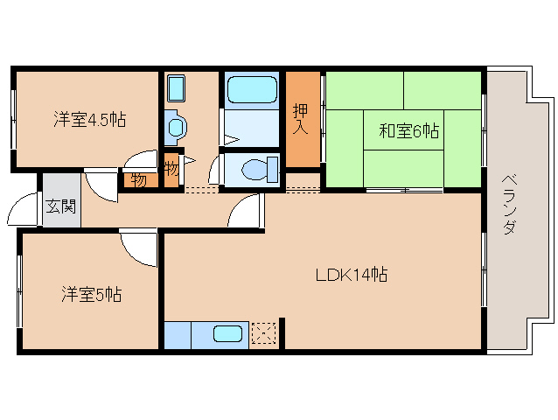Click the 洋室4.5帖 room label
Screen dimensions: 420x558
(88, 120)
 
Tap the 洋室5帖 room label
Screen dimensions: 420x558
(90, 295)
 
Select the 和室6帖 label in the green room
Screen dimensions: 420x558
(408, 131)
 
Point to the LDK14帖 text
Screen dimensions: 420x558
(352, 275)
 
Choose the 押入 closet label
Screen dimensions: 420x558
(302, 120)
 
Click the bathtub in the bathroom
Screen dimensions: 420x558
(252, 90)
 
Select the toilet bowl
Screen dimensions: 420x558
(252, 169)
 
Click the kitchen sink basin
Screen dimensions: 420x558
(228, 333)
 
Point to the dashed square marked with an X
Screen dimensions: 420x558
(263, 334)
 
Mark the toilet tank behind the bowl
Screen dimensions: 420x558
(272, 168)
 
